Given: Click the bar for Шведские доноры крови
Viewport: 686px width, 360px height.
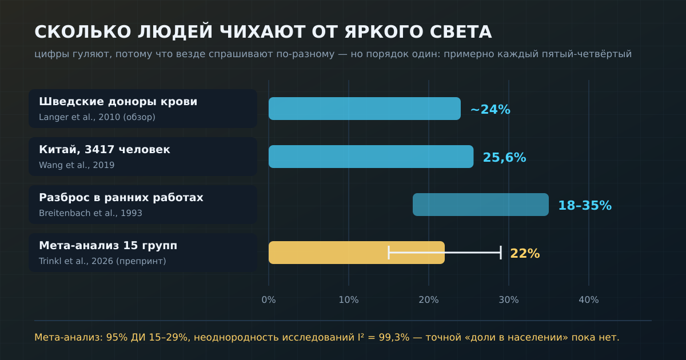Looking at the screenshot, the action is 365,109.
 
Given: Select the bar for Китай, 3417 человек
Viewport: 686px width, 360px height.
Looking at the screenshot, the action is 371,157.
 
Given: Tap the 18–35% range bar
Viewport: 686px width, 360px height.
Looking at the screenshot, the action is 481,205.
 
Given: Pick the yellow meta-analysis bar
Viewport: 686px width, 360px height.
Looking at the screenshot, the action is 357,253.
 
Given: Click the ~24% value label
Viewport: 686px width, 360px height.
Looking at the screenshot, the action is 490,109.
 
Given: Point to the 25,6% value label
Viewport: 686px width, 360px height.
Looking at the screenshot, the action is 504,157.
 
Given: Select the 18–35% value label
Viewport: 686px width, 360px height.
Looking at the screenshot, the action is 585,205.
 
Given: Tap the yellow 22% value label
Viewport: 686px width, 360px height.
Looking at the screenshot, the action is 525,254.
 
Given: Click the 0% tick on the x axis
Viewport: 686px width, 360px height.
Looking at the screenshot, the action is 269,299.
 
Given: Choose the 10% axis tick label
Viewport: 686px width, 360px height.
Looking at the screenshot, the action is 349,299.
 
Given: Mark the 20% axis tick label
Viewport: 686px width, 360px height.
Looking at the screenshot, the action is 428,299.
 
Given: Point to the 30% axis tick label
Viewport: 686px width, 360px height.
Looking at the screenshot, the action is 509,299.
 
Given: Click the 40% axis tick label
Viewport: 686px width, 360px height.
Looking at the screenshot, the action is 589,299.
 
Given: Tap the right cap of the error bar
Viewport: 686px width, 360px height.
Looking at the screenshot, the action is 501,253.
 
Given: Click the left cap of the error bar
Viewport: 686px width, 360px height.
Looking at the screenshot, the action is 389,253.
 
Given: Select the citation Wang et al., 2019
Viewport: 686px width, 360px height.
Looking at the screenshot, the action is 77,165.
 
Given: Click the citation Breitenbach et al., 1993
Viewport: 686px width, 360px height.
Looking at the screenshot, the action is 90,213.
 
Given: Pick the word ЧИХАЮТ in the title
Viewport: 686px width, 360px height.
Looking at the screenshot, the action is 262,32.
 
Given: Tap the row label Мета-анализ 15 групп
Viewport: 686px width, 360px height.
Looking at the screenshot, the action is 108,245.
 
